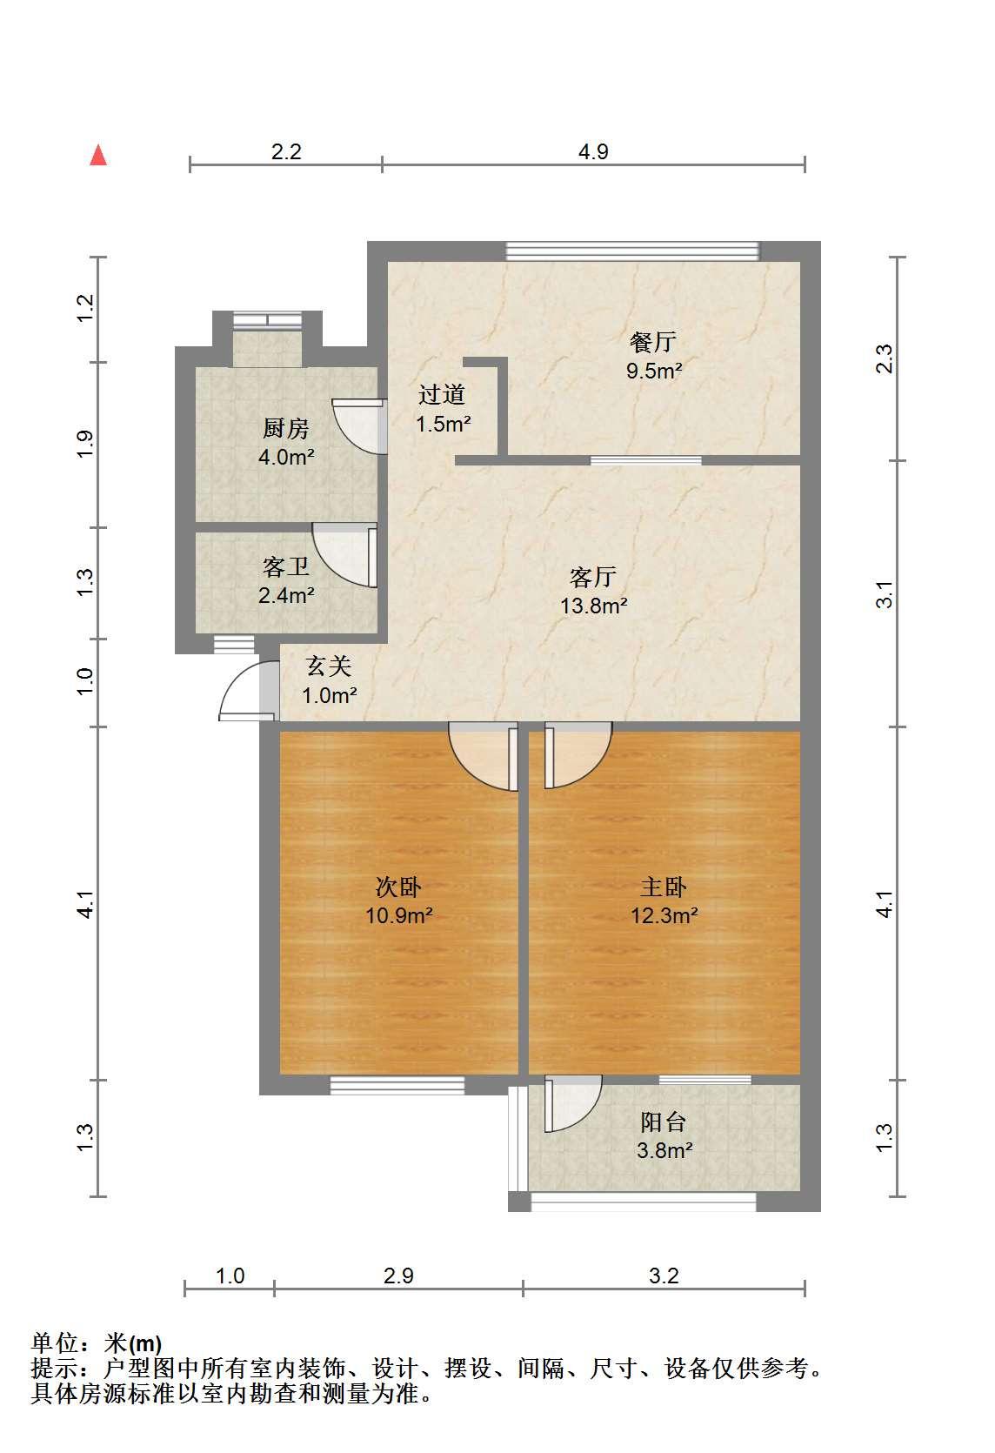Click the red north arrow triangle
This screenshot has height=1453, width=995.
[98, 155]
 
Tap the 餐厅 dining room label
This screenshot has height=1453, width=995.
[652, 342]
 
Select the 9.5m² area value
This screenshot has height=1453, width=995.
[654, 371]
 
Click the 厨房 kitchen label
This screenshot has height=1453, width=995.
[286, 428]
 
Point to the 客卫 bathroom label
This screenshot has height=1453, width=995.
[286, 567]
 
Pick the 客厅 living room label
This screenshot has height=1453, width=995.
[593, 577]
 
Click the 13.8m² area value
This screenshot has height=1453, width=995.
[593, 606]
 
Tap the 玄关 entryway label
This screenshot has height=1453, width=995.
[329, 666]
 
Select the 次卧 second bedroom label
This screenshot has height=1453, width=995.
[398, 887]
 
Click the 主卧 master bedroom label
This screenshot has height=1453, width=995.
[664, 887]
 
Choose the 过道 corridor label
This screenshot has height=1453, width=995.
[442, 394]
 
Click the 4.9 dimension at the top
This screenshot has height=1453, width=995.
[593, 151]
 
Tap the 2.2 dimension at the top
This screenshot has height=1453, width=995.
[286, 151]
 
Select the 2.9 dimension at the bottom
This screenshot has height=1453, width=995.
[398, 1276]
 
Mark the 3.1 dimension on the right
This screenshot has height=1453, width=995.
[885, 594]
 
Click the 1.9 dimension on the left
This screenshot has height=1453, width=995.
[85, 445]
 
